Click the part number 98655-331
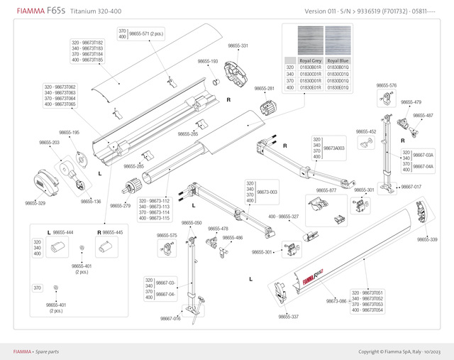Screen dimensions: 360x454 [x=238, y=45]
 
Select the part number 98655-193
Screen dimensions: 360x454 [x=208, y=62]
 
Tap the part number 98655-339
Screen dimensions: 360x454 [x=427, y=239]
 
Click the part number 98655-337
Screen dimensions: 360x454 [x=289, y=317]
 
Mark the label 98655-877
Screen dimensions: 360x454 [x=326, y=190]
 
